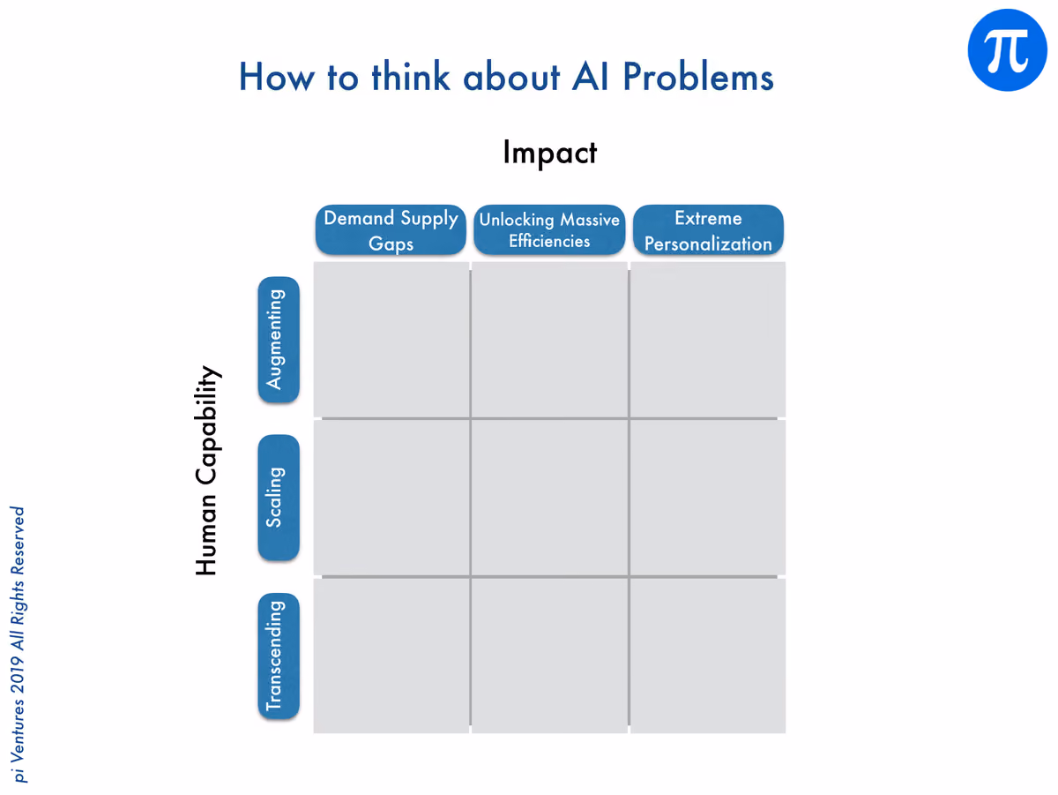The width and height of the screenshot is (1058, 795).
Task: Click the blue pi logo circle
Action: pos(1007,50)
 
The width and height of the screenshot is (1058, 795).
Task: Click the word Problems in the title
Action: pos(698,77)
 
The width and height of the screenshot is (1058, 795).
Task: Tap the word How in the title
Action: pos(277,77)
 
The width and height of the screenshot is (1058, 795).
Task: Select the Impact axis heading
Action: pos(549,153)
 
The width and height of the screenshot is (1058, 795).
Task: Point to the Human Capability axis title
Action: pos(207,470)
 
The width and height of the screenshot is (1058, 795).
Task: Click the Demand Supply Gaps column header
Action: pos(391,230)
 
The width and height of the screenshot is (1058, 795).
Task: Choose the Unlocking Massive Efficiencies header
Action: pos(549,230)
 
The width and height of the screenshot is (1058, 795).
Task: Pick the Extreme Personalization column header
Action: pos(708,230)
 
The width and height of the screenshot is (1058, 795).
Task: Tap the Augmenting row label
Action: pos(279,340)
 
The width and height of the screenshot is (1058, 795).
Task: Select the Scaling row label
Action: pos(279,498)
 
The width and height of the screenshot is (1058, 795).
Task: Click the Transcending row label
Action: pos(279,656)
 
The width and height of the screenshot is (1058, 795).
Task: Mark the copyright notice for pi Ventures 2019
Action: pos(19,644)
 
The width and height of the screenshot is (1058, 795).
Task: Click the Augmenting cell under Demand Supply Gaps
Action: pos(391,340)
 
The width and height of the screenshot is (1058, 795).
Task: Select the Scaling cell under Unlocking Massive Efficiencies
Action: pos(549,498)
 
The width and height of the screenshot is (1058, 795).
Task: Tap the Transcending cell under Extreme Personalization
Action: pos(708,656)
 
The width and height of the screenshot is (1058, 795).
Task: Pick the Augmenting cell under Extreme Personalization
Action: pos(708,340)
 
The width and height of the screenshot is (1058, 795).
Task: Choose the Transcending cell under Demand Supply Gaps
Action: pos(391,656)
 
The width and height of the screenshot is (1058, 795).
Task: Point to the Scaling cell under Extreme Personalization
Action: pos(708,498)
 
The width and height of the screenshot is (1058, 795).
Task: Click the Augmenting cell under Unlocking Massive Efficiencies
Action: pos(549,340)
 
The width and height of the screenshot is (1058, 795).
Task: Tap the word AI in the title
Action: pos(590,77)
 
